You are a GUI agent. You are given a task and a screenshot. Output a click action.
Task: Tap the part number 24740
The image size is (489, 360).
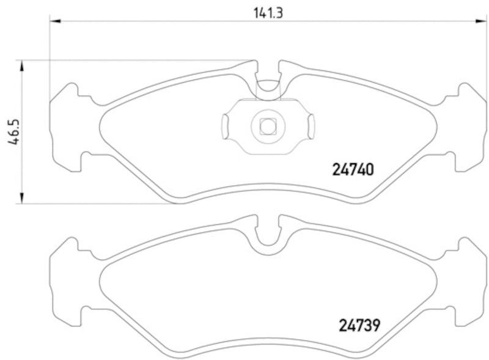[x=353, y=169]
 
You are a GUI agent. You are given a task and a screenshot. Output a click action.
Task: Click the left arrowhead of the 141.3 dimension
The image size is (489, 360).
[x=54, y=21]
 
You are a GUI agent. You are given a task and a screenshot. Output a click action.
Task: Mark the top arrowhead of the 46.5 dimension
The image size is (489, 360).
[x=23, y=65]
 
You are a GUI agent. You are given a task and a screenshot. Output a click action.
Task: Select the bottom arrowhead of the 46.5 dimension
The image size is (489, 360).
[x=23, y=197]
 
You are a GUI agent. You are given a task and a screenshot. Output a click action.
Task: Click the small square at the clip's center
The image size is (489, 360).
[x=267, y=126]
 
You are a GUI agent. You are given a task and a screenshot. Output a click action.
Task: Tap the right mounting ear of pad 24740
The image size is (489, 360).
[x=468, y=127]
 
